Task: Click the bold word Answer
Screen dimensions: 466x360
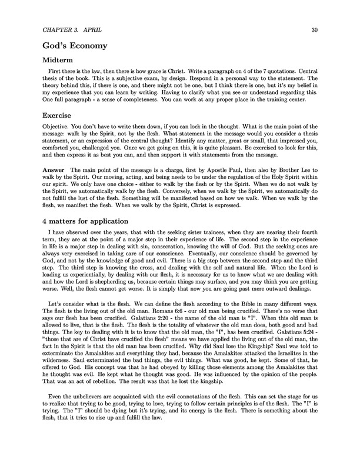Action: tap(54, 169)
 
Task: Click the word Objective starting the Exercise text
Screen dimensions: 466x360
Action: tap(55, 127)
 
